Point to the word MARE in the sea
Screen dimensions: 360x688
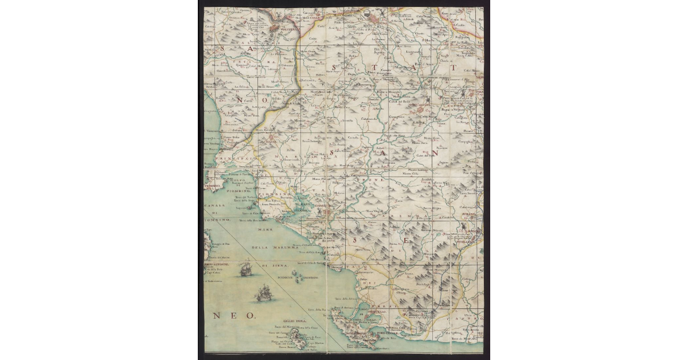[265, 230]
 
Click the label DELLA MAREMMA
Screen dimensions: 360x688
[269, 247]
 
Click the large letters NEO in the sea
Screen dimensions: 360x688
[235, 315]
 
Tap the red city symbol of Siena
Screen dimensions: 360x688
[373, 17]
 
